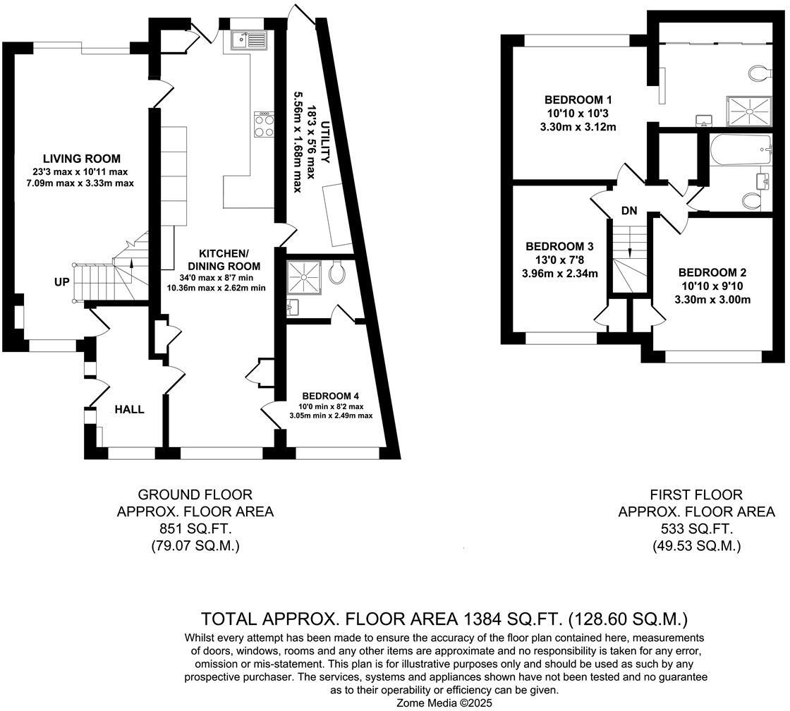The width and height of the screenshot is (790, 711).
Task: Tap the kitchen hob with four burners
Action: (265, 124)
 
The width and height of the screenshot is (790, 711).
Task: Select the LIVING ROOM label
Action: (82, 159)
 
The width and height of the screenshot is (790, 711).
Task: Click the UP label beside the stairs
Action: (62, 282)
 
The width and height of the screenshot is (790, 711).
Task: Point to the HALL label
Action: (130, 409)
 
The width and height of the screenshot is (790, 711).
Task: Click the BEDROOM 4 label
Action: (331, 396)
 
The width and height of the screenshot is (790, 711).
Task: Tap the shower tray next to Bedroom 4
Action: (304, 277)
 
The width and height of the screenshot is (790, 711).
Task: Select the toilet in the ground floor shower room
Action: (336, 272)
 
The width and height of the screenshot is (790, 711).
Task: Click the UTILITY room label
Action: (326, 142)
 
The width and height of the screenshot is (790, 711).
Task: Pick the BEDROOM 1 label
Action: (578, 99)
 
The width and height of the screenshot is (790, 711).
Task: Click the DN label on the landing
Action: (629, 211)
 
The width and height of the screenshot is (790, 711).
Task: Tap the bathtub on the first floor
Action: (741, 149)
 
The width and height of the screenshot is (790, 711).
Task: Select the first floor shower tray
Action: (748, 111)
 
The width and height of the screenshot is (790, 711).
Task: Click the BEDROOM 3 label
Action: (559, 246)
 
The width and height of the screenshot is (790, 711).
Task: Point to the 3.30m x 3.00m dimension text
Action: (712, 300)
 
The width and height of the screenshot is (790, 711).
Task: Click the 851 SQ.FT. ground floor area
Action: (195, 528)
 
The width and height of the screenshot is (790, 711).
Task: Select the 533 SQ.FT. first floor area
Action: (696, 528)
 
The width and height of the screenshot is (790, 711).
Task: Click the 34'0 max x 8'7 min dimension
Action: (216, 278)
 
